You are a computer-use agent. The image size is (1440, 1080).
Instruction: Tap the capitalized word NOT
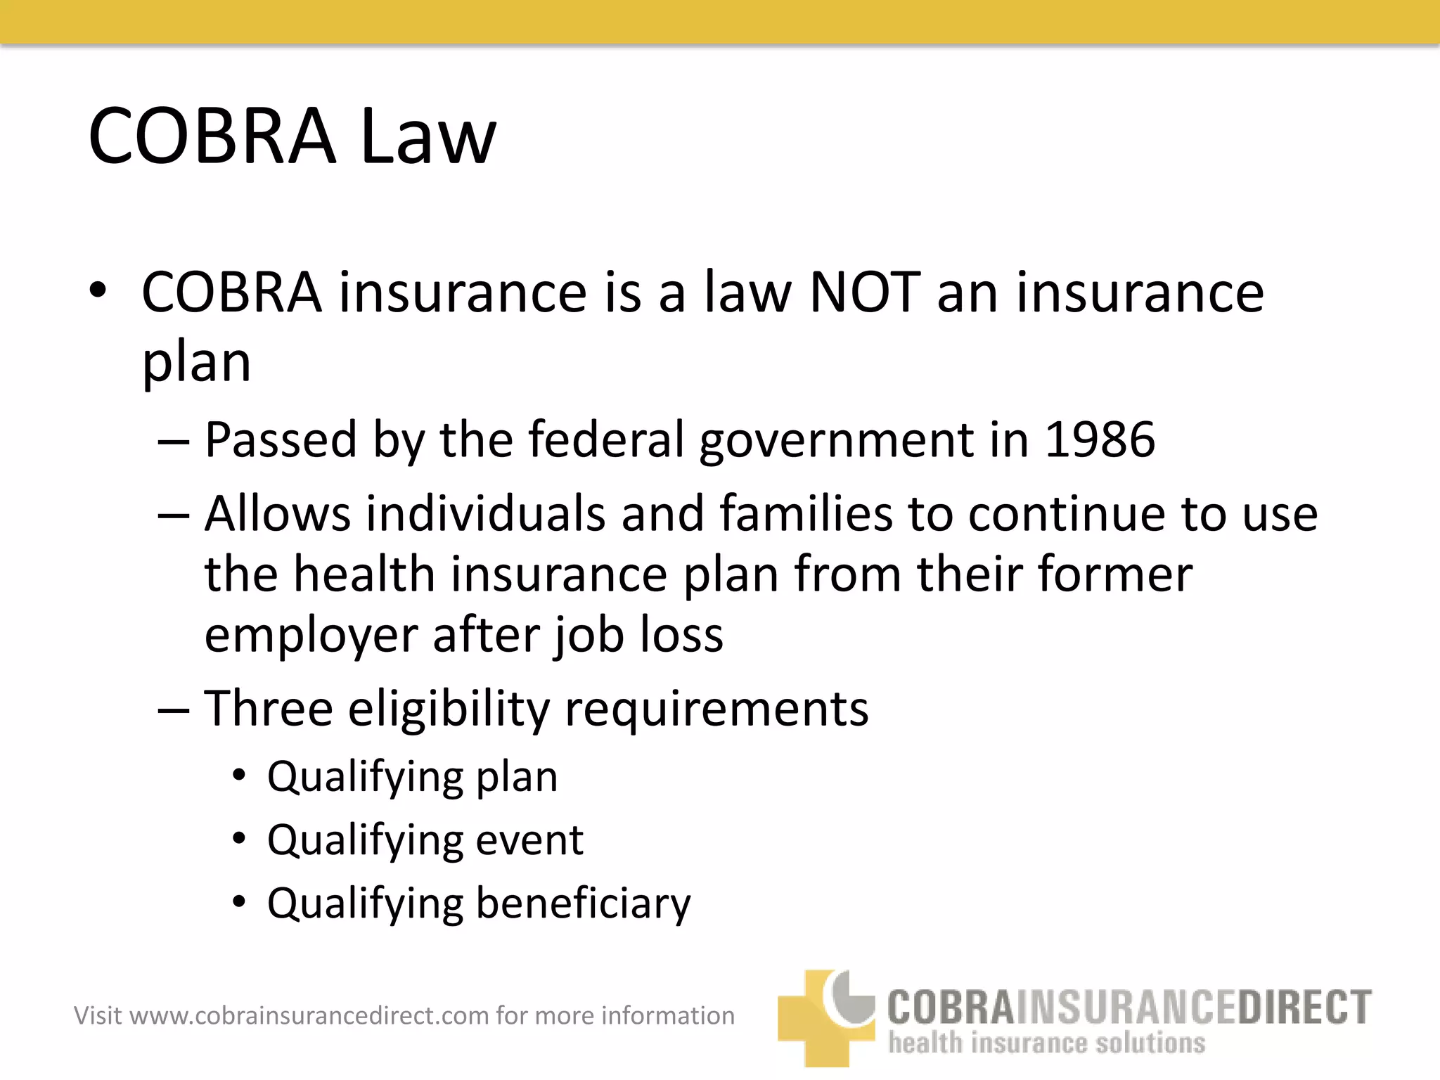click(864, 292)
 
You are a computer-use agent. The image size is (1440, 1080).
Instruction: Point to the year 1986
click(1100, 439)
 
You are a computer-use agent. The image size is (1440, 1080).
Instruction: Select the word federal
click(605, 439)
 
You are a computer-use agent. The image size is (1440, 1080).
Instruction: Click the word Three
click(268, 708)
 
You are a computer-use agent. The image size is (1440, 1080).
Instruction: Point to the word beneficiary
click(584, 904)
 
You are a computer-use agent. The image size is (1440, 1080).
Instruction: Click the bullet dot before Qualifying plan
click(240, 776)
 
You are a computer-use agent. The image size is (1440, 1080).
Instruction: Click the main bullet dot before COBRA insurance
click(98, 290)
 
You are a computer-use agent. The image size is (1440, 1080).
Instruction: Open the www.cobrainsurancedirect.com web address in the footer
click(309, 1016)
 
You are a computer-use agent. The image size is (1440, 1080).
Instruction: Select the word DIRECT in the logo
click(1304, 1007)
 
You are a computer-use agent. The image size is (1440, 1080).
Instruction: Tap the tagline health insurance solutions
click(1046, 1043)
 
